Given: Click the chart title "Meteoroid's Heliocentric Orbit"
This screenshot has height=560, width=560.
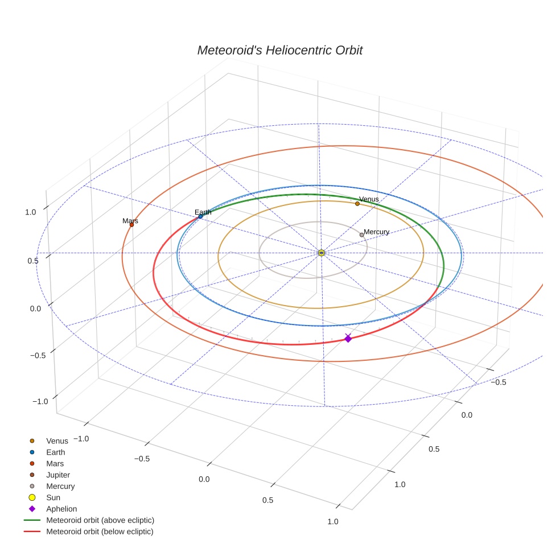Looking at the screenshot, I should pos(279,50).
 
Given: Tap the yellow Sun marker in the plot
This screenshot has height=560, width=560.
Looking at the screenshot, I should pos(322,253).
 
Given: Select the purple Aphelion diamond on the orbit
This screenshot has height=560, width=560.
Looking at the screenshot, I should pos(348,339).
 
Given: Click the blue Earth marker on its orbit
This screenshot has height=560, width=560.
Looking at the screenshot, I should pos(200,216).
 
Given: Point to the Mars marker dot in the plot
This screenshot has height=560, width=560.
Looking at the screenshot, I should pos(131,225).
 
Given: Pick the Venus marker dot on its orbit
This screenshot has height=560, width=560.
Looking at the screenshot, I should pos(357,204).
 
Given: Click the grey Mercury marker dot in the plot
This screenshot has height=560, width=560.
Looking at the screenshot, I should pos(361,234).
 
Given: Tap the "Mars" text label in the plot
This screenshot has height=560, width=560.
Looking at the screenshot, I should pos(130,220).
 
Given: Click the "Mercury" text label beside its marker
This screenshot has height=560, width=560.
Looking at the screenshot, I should pos(376,232).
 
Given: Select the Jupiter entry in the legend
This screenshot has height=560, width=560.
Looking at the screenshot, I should pos(58,475).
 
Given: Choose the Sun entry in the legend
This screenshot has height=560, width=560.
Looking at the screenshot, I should pos(53,497).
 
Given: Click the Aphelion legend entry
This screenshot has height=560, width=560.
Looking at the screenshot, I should pos(61,509).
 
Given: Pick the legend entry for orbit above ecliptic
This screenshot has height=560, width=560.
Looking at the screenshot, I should pos(100,520).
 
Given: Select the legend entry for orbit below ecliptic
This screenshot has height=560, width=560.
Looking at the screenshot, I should pos(100,532).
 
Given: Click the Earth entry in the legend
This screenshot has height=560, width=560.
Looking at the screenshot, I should pos(56,452).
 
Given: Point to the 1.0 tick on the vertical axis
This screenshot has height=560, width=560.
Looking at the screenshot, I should pos(30,212).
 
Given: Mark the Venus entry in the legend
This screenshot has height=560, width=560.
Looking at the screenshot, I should pos(57,440).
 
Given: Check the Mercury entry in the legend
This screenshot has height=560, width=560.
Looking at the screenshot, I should pos(60,486).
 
